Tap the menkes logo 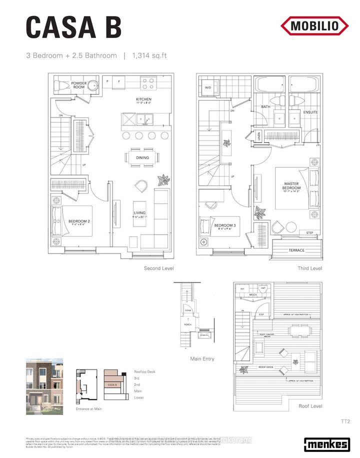pos(327,444)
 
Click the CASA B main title pos(73,27)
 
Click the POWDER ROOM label pos(79,85)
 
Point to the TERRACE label pos(296,250)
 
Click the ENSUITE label pos(310,112)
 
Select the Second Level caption pos(159,268)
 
